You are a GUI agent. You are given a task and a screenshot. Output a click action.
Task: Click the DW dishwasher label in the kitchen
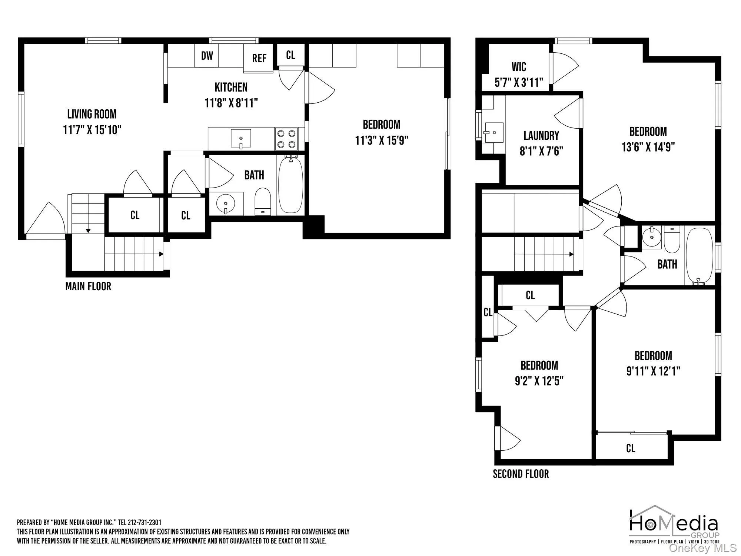(207, 56)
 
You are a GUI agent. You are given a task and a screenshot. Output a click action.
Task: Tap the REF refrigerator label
(259, 58)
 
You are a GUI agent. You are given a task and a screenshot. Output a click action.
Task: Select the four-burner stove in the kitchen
(286, 139)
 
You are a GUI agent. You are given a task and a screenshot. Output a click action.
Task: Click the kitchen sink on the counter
(240, 139)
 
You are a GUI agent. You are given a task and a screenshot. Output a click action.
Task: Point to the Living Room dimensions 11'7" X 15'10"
(92, 130)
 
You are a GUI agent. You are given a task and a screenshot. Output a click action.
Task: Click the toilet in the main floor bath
(263, 202)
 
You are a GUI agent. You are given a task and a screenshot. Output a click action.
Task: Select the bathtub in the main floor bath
(291, 185)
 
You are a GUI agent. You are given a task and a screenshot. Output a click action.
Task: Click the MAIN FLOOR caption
(88, 286)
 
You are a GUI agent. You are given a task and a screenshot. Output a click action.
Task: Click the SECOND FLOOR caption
(521, 474)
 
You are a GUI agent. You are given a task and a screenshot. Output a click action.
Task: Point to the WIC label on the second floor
(519, 67)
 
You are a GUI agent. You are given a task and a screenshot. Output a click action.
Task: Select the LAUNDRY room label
(541, 136)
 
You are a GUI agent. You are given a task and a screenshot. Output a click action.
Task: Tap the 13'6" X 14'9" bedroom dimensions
(648, 147)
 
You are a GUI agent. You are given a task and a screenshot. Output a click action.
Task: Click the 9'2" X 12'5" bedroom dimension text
(539, 381)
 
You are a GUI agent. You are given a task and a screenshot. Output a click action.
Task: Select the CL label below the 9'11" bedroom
(631, 449)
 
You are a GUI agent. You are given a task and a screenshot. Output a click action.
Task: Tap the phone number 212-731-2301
(144, 523)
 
